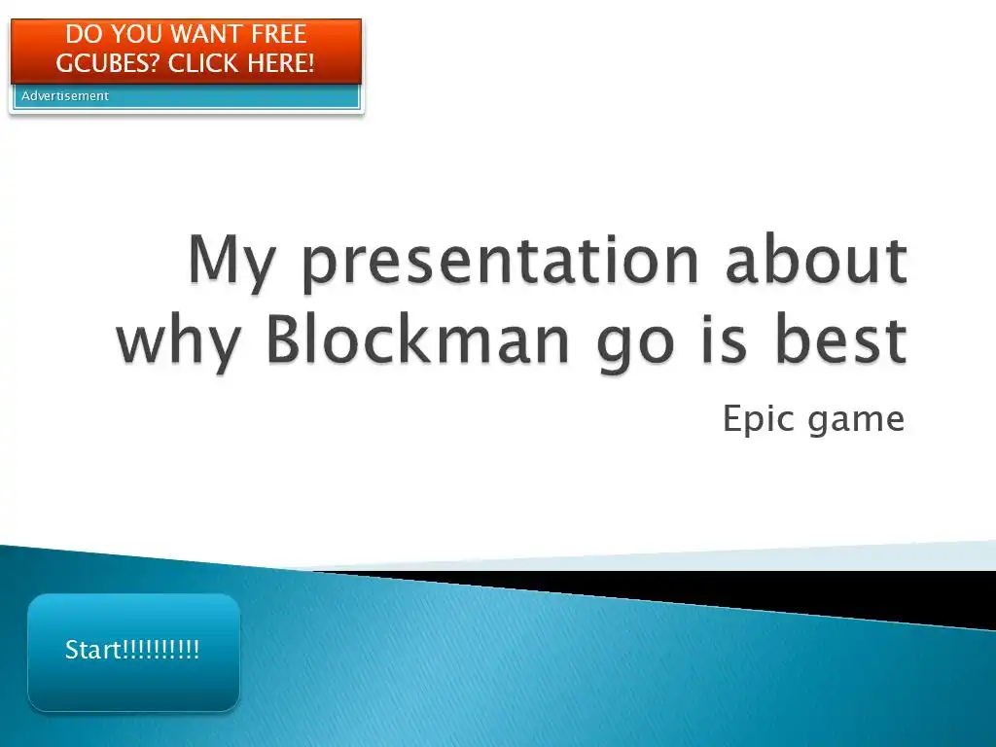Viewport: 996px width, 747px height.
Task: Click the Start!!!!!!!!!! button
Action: click(x=133, y=652)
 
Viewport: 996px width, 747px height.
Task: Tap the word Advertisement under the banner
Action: click(x=65, y=96)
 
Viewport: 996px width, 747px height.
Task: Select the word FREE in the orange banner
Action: click(x=279, y=34)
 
